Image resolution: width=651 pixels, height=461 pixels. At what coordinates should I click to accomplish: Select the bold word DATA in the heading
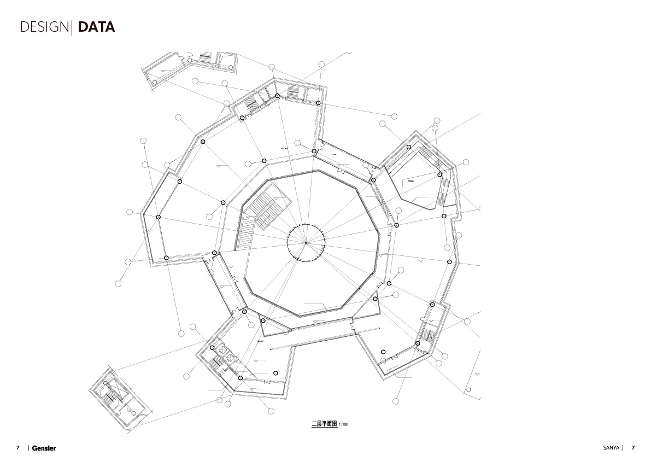click(x=96, y=27)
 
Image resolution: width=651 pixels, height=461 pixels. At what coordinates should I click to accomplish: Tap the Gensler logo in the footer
click(x=44, y=448)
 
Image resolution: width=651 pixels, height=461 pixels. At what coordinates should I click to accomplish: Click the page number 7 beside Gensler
click(x=17, y=448)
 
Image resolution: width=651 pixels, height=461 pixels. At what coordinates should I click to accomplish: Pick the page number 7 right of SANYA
click(x=633, y=447)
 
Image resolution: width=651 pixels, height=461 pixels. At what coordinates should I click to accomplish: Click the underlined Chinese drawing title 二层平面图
click(x=324, y=424)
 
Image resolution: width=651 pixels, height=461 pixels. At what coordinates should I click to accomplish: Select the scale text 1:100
click(x=343, y=424)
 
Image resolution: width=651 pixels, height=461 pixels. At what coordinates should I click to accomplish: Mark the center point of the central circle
click(x=306, y=242)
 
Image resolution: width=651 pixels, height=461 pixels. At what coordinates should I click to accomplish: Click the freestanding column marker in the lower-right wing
click(x=383, y=352)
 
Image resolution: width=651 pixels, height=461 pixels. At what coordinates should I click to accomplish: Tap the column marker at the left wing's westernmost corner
click(x=158, y=217)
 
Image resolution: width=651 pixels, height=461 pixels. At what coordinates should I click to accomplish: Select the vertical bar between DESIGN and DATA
click(x=72, y=27)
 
